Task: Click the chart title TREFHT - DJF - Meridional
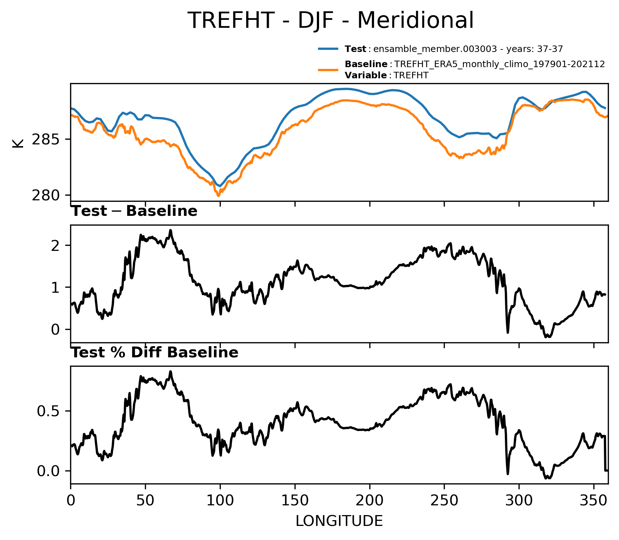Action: pyautogui.click(x=331, y=20)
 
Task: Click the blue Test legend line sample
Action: pyautogui.click(x=328, y=49)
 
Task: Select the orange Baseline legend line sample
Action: pyautogui.click(x=328, y=70)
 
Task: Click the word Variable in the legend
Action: pyautogui.click(x=366, y=75)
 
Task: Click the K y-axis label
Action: pyautogui.click(x=18, y=143)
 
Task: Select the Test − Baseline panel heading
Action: pyautogui.click(x=134, y=211)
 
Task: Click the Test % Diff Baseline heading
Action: pyautogui.click(x=155, y=353)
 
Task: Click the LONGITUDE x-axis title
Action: pyautogui.click(x=339, y=521)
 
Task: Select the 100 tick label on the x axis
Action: pyautogui.click(x=220, y=501)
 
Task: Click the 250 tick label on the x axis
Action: pyautogui.click(x=444, y=501)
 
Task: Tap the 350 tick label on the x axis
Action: pyautogui.click(x=593, y=501)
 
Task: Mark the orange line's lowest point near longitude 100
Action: pyautogui.click(x=218, y=196)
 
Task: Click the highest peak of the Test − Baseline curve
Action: pyautogui.click(x=171, y=230)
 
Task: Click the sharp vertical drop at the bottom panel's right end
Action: pyautogui.click(x=605, y=453)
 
